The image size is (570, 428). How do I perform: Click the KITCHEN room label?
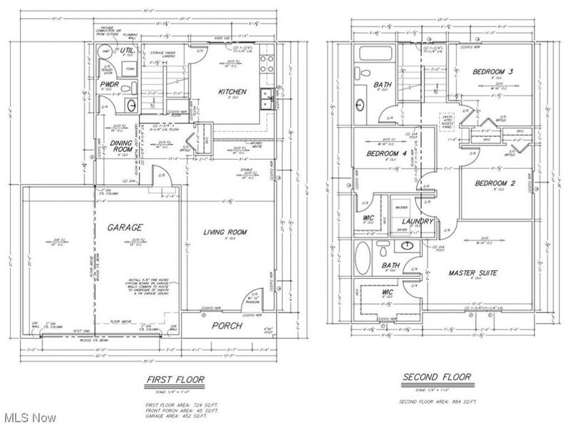pos(232,91)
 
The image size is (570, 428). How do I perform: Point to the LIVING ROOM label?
pos(224,231)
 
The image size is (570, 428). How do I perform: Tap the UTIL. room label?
pos(128,51)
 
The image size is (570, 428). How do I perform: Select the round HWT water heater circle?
pos(105,52)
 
